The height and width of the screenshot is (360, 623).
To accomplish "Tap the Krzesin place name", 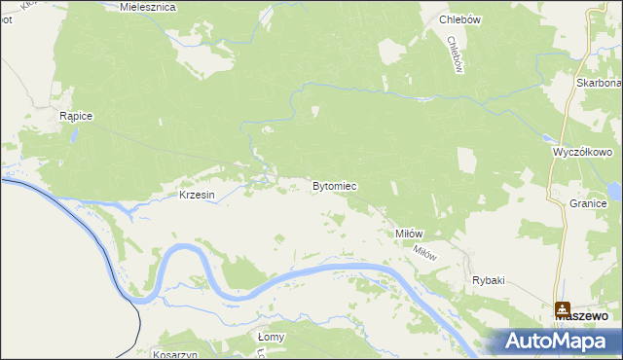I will tap(197, 195).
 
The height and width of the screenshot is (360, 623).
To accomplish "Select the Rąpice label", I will tap(76, 116).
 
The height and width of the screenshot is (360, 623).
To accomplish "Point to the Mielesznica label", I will tap(147, 7).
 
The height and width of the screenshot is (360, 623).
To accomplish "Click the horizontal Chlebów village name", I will tap(461, 19).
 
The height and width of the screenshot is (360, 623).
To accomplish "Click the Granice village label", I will tap(589, 203).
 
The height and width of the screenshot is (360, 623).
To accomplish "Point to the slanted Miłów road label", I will tap(425, 251).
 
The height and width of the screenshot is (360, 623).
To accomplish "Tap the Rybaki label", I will tap(489, 280).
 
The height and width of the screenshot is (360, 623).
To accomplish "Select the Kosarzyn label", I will tap(175, 355).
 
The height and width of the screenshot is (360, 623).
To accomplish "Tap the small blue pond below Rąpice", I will tap(72, 135).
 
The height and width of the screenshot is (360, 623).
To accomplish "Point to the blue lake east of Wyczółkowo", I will tap(613, 189).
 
